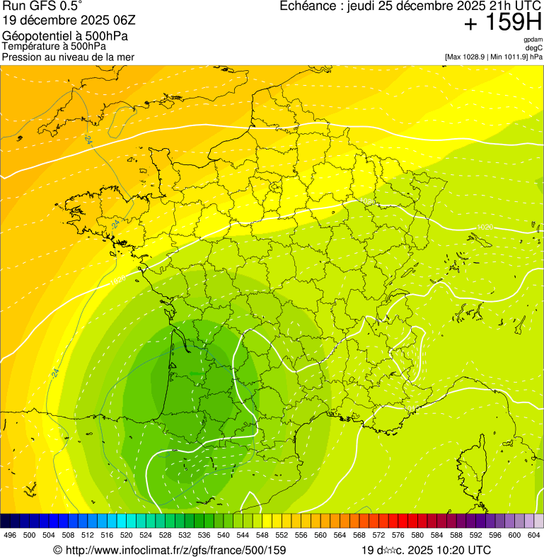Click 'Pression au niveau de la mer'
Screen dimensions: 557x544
point(68,57)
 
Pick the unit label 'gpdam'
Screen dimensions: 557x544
point(533,40)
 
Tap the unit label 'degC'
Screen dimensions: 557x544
point(535,47)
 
